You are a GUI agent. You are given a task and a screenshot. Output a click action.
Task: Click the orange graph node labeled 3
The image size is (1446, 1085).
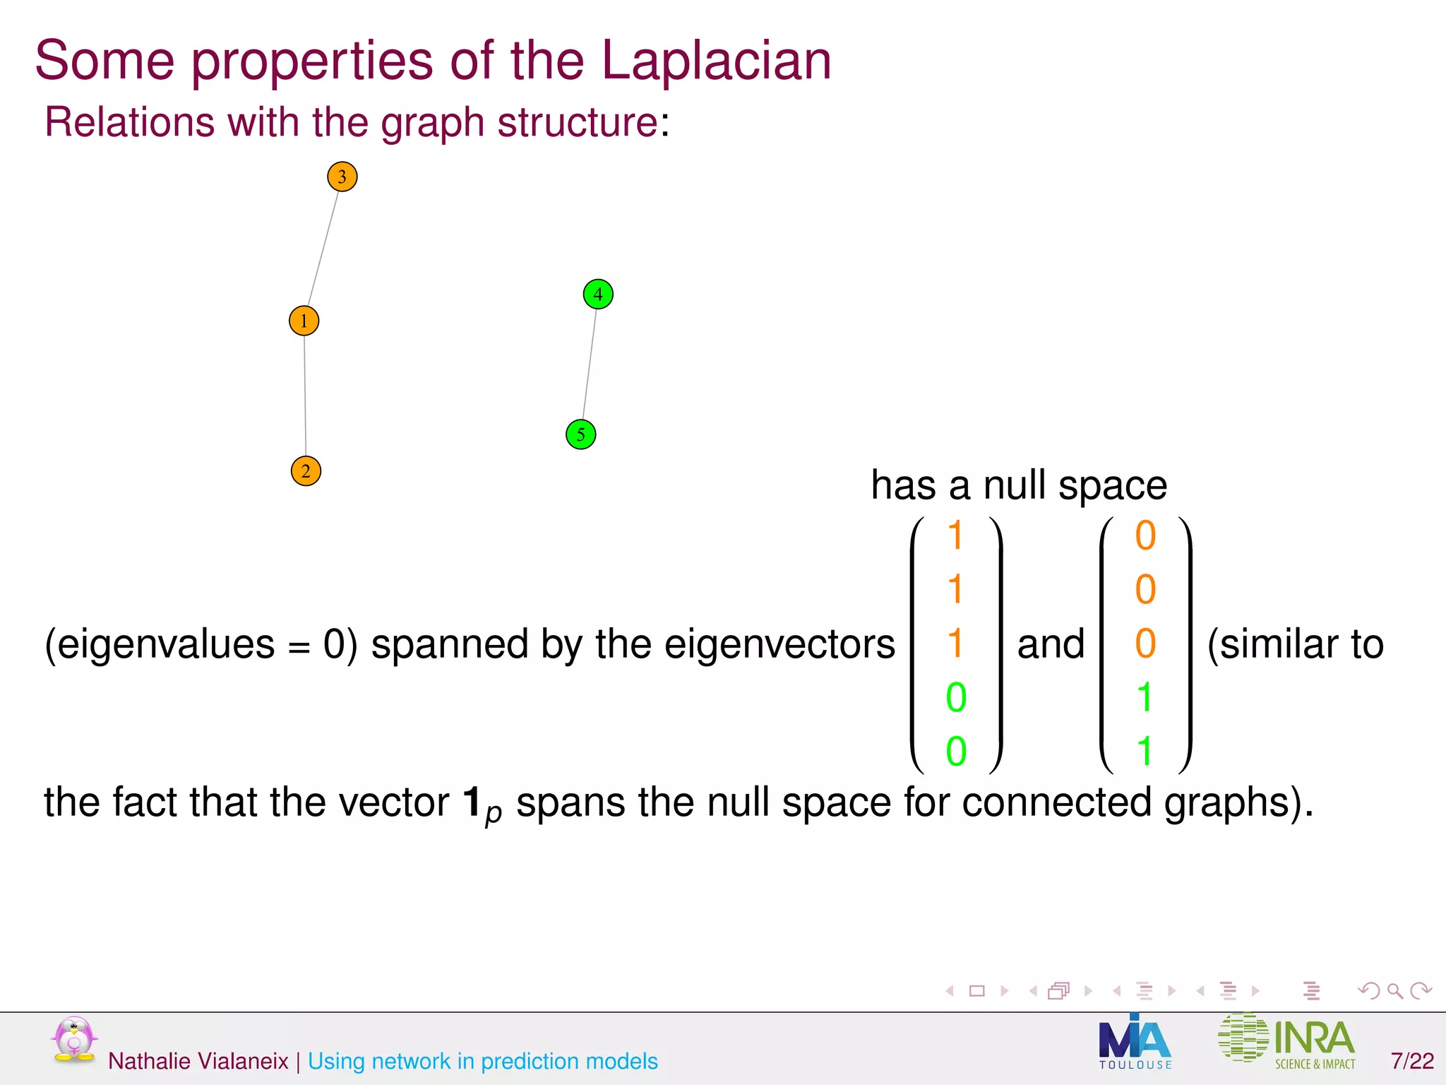coord(342,177)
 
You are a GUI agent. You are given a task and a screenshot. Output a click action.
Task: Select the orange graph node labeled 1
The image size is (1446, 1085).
coord(304,321)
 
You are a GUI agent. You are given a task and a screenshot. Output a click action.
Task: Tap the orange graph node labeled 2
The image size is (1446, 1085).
coord(306,471)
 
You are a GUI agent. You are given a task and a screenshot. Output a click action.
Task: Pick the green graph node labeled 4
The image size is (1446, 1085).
coord(598,294)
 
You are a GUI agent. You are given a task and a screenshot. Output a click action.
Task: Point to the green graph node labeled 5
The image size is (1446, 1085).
coord(581,434)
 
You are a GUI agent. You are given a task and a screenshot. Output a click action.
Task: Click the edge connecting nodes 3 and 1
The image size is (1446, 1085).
coord(323,249)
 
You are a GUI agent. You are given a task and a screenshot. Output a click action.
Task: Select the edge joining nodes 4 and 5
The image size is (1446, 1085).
coord(590,364)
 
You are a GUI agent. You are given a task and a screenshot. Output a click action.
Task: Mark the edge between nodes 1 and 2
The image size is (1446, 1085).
coord(305,396)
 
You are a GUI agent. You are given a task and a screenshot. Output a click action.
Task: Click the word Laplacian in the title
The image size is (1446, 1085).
coord(716,61)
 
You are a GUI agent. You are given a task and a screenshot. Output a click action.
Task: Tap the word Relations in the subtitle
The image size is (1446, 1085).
coord(129,122)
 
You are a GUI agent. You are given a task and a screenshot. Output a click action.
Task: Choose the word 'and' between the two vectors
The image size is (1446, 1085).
coord(1051,644)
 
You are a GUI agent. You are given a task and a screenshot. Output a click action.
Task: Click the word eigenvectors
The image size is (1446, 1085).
coord(779,644)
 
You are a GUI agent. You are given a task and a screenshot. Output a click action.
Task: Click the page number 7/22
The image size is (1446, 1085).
coord(1412,1061)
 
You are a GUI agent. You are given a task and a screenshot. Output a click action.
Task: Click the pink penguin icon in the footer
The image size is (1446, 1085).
coord(73,1039)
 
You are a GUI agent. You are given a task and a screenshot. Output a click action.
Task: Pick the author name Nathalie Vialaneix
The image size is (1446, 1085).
coord(198,1061)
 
